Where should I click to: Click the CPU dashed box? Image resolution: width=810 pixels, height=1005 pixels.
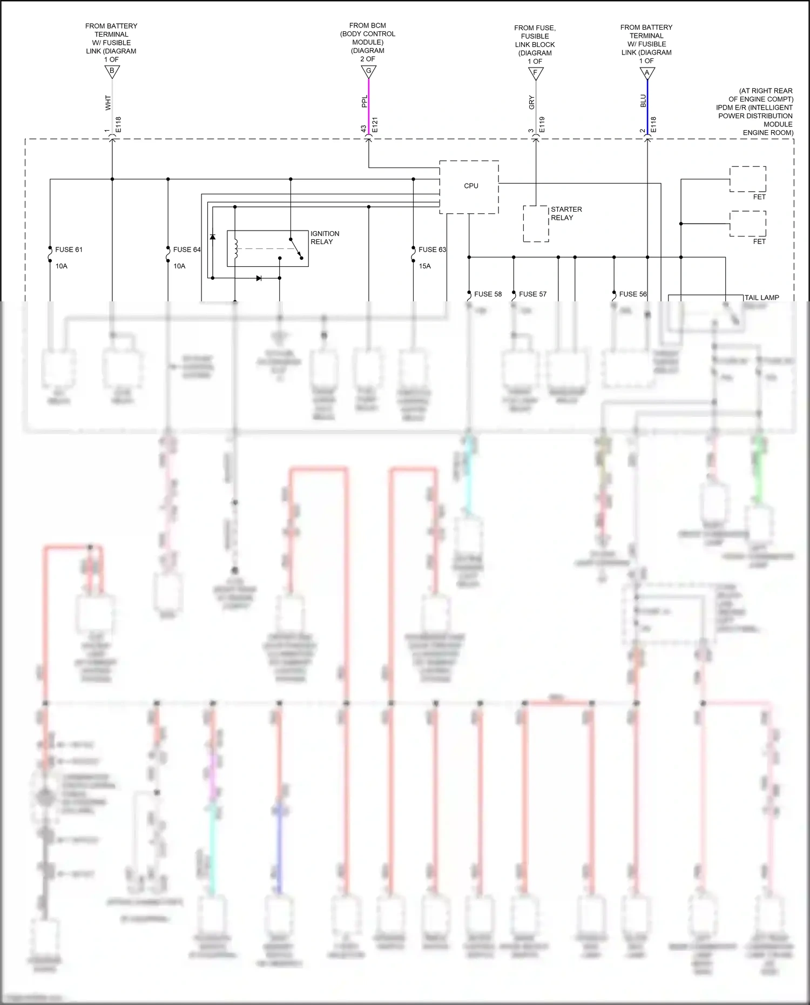(469, 187)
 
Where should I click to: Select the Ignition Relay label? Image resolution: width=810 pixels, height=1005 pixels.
(325, 238)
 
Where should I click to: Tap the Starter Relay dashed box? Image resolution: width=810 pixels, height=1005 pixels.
(536, 224)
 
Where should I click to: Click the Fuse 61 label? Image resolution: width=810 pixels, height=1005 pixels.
(69, 249)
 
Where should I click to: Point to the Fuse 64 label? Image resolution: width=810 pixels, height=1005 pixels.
(186, 249)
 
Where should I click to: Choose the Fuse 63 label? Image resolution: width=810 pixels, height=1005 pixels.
(432, 249)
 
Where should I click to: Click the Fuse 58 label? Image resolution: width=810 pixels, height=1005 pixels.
(488, 294)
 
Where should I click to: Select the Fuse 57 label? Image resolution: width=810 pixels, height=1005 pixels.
(532, 294)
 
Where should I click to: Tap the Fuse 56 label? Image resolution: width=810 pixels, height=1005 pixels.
(632, 294)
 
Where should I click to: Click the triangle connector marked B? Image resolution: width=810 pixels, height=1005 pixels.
(112, 71)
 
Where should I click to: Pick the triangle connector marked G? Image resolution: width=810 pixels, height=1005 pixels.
(369, 71)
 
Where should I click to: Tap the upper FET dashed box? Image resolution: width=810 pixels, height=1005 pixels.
(748, 179)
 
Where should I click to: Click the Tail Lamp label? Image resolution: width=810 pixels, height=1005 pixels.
(761, 298)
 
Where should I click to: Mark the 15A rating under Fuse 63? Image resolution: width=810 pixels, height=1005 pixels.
(424, 266)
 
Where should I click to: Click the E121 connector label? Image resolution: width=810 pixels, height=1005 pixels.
(375, 125)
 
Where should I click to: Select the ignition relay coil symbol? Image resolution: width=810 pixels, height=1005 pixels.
(235, 248)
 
